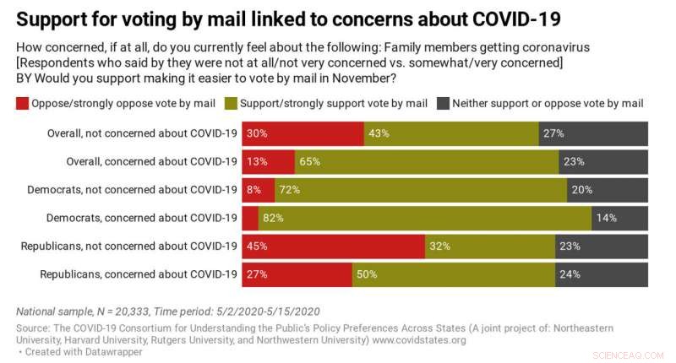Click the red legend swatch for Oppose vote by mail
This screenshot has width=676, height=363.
tap(21, 104)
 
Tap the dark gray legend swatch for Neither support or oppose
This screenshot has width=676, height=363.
tap(443, 104)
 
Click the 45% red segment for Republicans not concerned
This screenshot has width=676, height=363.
tap(333, 247)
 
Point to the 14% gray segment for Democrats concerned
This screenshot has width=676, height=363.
tap(620, 218)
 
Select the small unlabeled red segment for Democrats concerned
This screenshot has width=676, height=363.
tap(250, 218)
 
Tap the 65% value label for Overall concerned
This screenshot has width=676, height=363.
tap(308, 161)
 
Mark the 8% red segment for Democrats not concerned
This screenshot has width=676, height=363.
tap(259, 190)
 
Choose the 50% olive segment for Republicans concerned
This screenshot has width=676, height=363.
tap(453, 274)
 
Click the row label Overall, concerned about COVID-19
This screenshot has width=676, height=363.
tap(152, 161)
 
